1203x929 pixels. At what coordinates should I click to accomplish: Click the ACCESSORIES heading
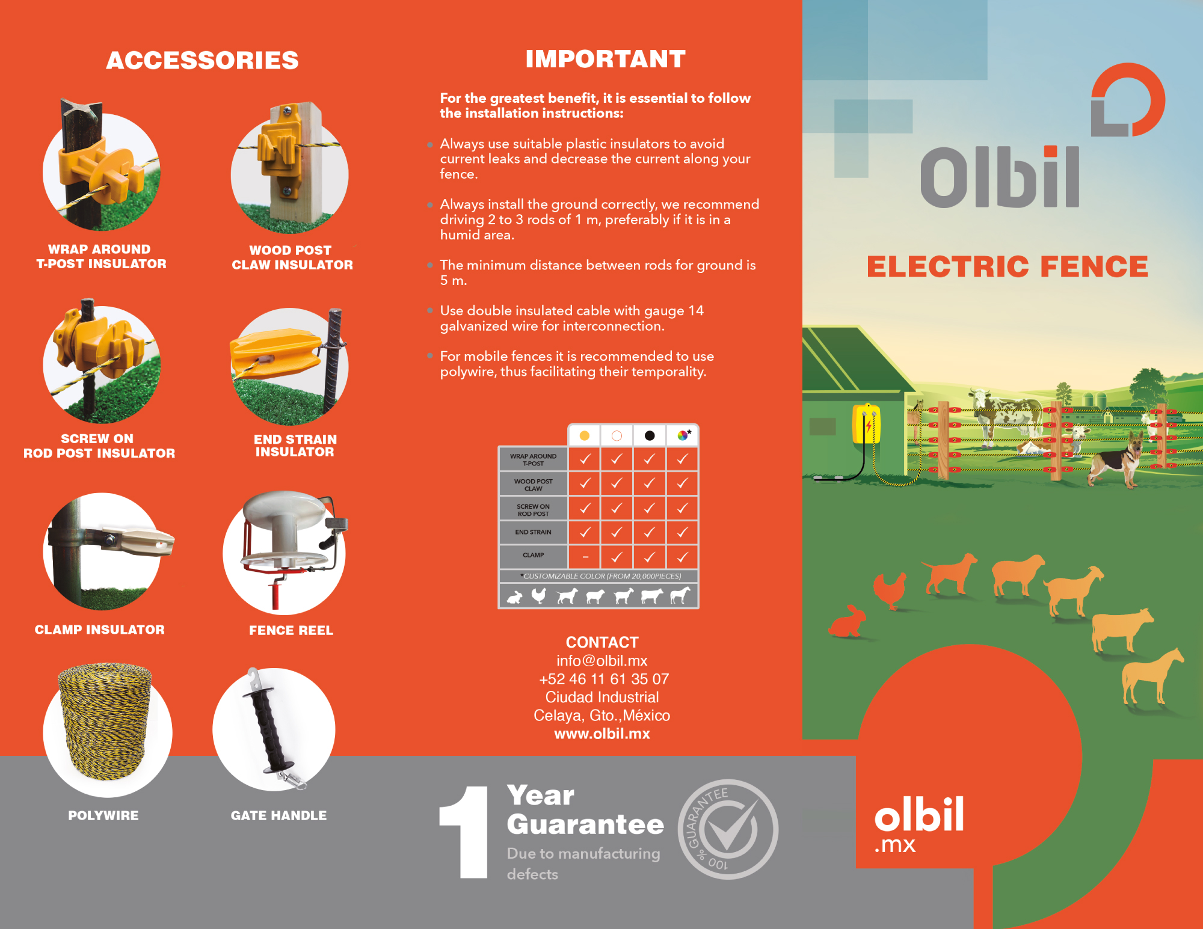(x=202, y=60)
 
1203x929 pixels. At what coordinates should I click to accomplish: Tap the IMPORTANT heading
(x=605, y=59)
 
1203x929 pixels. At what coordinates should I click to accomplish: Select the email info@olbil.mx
(x=602, y=661)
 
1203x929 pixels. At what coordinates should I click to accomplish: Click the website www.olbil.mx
(x=602, y=734)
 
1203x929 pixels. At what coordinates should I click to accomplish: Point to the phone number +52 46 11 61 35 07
(x=604, y=679)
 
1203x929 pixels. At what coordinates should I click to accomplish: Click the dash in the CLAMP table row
(x=585, y=557)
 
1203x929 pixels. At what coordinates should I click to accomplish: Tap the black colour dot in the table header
(x=650, y=435)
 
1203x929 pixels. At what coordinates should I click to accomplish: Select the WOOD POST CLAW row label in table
(x=534, y=485)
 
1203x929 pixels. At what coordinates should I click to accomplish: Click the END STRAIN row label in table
(x=533, y=532)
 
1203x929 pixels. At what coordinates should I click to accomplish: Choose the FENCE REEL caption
(x=291, y=630)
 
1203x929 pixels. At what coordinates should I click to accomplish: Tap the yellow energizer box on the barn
(x=866, y=423)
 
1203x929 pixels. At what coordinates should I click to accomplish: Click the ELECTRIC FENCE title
(x=1008, y=266)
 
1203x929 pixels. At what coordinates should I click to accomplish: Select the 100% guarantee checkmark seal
(x=728, y=829)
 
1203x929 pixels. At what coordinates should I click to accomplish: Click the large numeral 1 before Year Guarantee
(x=464, y=832)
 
